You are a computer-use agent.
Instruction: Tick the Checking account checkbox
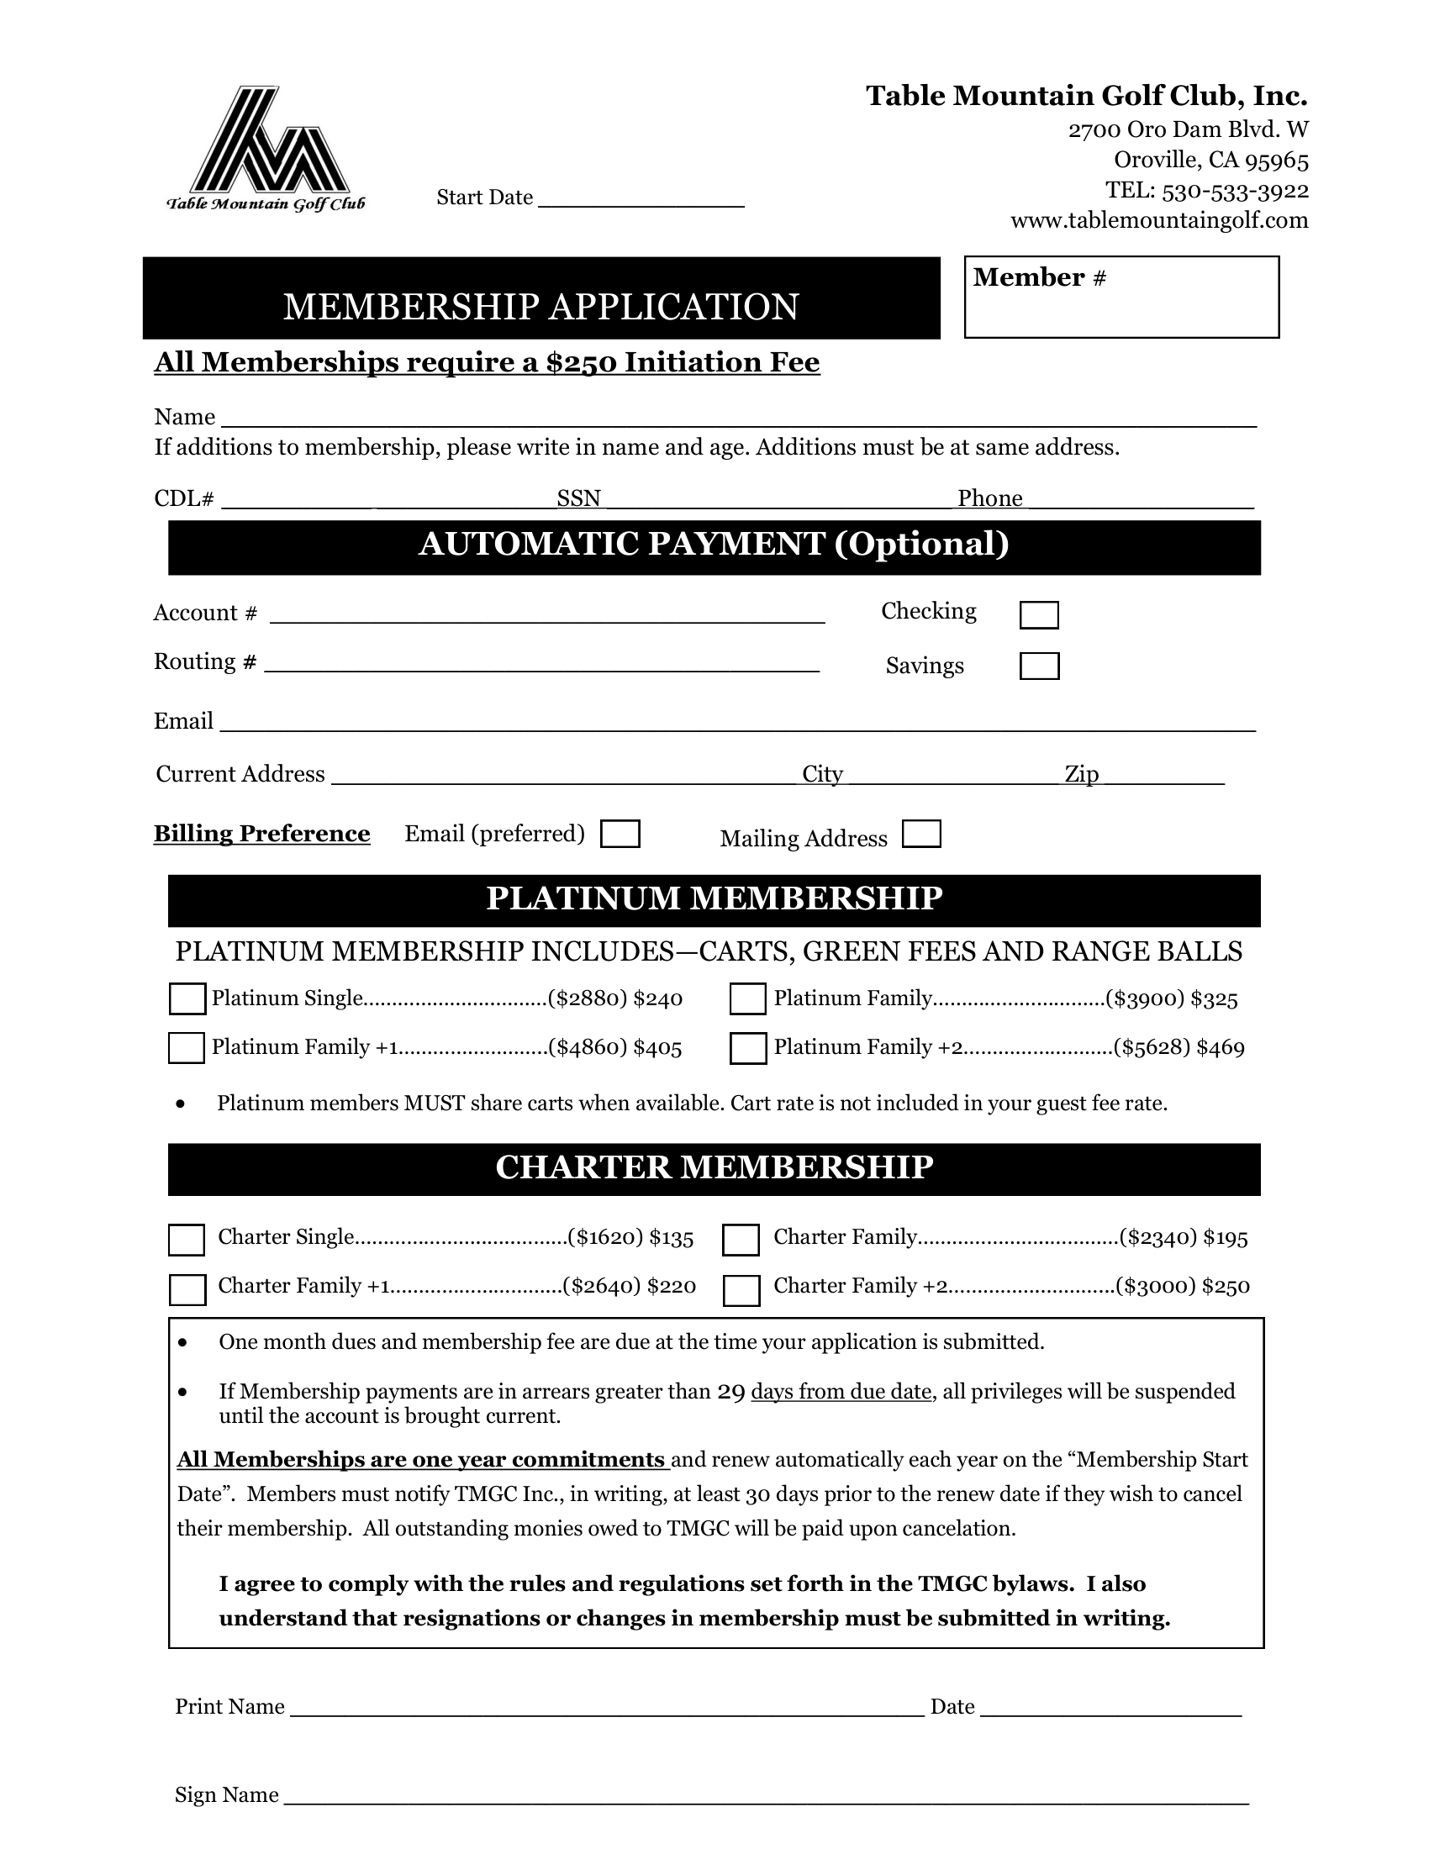(x=1039, y=615)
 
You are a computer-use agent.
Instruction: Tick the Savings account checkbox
(x=1039, y=666)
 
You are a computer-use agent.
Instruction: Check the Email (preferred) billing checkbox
(x=620, y=834)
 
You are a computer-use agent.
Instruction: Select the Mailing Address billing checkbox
(x=921, y=834)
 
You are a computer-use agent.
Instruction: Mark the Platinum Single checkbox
(x=187, y=999)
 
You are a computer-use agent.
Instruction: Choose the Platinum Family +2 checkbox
(x=748, y=1048)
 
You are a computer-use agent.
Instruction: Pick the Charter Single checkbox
(x=187, y=1240)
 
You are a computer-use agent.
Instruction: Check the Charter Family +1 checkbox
(x=187, y=1290)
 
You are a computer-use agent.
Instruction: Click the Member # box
(x=1121, y=298)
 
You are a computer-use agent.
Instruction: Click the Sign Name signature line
(x=765, y=1797)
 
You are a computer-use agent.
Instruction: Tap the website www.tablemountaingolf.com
(x=1159, y=221)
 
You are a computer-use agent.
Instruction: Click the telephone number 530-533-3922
(x=1235, y=192)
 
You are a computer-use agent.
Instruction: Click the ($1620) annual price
(x=605, y=1238)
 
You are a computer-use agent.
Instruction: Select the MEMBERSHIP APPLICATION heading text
(x=541, y=307)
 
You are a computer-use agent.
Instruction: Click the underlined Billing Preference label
(x=261, y=834)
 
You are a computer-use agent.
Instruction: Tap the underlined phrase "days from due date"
(x=841, y=1391)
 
